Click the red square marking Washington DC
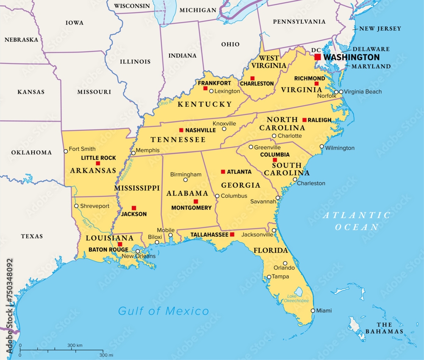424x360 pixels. (x=318, y=57)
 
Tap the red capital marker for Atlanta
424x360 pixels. (x=223, y=172)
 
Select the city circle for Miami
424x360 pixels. (x=313, y=310)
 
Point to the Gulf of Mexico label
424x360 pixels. (x=163, y=311)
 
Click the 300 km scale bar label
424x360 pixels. (x=75, y=346)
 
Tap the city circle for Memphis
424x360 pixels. (x=133, y=153)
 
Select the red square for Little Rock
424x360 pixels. (x=98, y=163)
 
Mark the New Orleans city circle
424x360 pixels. (x=137, y=251)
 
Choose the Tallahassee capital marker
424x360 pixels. (x=232, y=234)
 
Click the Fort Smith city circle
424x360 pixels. (x=65, y=151)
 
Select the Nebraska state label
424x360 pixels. (x=21, y=40)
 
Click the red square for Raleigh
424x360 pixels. (x=304, y=120)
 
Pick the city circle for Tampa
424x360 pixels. (x=269, y=277)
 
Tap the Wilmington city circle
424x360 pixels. (x=322, y=147)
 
